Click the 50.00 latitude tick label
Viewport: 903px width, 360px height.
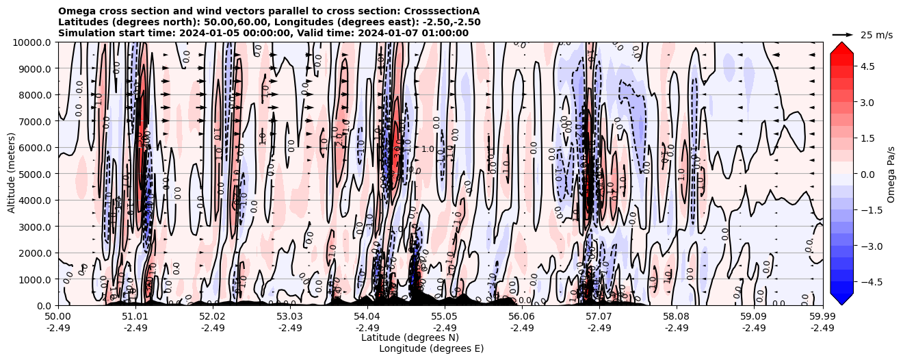tap(58, 317)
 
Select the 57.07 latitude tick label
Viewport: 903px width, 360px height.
tap(599, 317)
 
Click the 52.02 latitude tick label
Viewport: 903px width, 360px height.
tap(213, 317)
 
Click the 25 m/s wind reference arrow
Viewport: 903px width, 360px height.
tap(843, 34)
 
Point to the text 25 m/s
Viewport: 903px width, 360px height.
tap(876, 35)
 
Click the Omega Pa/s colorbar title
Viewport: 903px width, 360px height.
tap(891, 174)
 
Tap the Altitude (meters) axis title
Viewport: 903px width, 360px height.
tap(12, 174)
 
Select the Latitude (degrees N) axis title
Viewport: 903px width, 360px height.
tap(410, 337)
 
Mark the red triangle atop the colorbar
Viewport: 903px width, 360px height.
tap(841, 47)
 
